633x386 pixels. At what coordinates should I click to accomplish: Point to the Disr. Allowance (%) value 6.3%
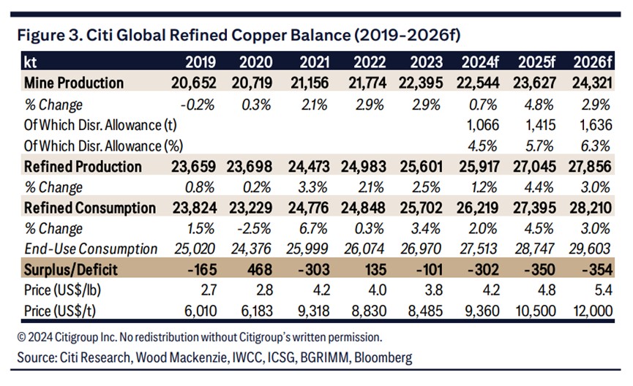point(597,145)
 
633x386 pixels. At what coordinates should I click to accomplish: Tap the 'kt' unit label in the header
point(31,61)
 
